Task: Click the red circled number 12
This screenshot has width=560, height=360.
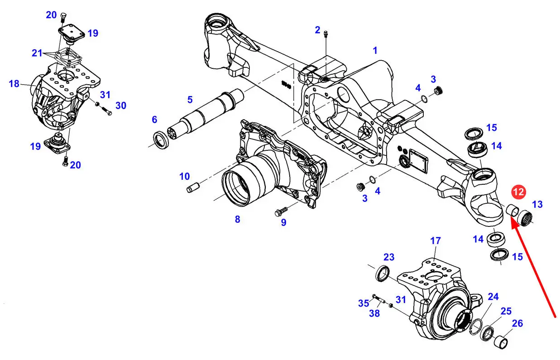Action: [518, 192]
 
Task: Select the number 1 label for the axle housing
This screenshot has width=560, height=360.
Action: [375, 51]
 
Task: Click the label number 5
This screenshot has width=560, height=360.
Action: [190, 100]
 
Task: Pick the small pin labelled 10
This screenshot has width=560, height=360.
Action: [192, 188]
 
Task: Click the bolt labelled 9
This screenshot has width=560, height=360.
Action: [282, 211]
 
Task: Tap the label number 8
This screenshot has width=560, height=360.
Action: [238, 219]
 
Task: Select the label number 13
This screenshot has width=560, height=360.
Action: [537, 204]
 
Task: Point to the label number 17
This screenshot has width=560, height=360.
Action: [435, 241]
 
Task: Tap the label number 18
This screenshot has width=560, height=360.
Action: [14, 83]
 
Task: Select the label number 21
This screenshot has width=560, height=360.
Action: [37, 53]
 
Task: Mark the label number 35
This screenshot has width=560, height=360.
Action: [364, 303]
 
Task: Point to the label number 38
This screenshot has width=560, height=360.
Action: [374, 313]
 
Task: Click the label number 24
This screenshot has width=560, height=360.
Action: [493, 297]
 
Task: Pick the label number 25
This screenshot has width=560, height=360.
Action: [506, 311]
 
